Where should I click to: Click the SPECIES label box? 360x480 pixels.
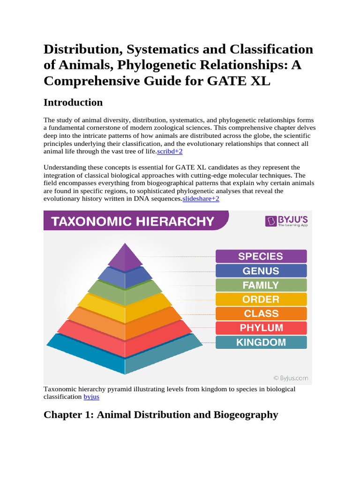point(261,256)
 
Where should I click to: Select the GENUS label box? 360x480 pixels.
point(261,271)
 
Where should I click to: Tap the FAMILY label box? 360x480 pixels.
point(261,285)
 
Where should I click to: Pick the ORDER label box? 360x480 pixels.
point(261,300)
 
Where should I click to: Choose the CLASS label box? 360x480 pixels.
point(261,314)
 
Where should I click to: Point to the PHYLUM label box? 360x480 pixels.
point(261,328)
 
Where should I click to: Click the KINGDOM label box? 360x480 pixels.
point(261,342)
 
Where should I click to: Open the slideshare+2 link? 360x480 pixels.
point(201,199)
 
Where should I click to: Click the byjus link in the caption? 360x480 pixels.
point(91,397)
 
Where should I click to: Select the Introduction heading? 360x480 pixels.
point(73,102)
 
